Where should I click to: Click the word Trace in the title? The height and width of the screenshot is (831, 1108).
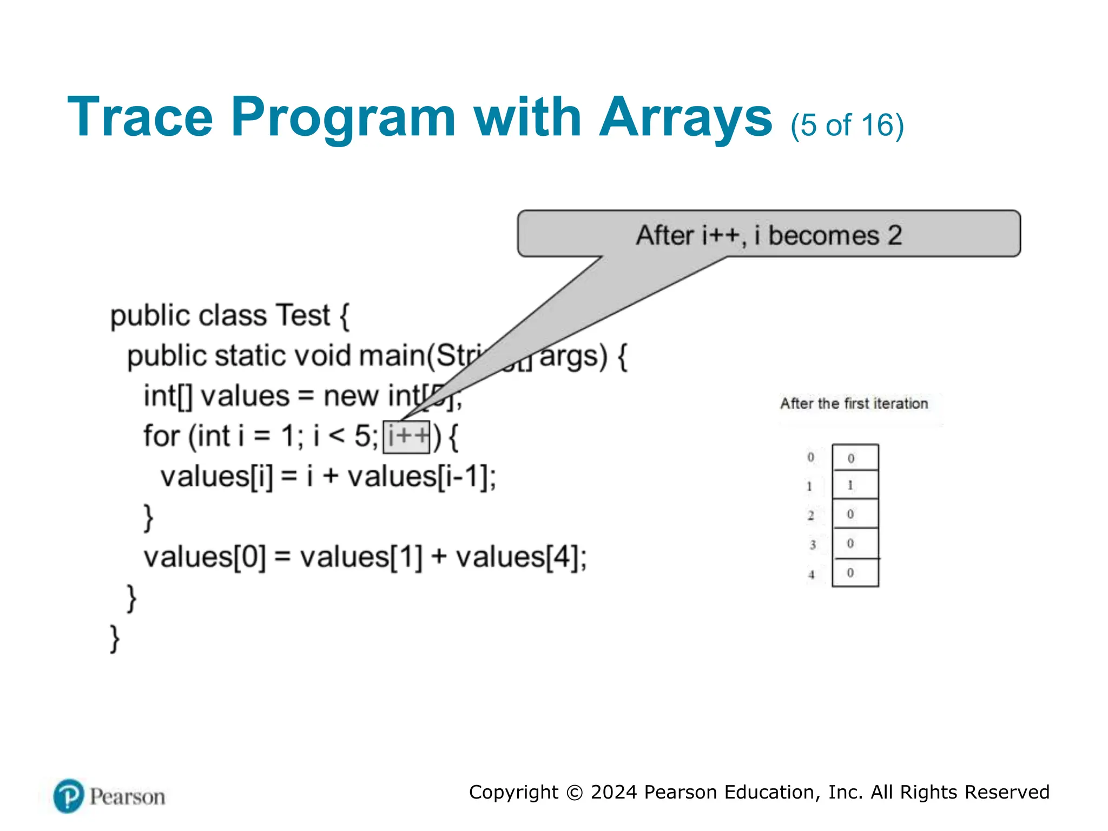(x=140, y=117)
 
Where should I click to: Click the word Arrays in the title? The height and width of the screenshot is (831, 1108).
(x=686, y=117)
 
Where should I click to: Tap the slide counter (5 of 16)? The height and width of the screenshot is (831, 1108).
(x=847, y=125)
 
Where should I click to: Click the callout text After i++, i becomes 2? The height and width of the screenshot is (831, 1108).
(x=769, y=235)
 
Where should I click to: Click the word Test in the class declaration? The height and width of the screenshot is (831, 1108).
(x=302, y=315)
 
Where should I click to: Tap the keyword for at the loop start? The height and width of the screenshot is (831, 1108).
(x=161, y=436)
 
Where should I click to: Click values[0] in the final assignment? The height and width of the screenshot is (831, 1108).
(x=205, y=557)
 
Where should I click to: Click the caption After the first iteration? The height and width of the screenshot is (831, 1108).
(x=854, y=404)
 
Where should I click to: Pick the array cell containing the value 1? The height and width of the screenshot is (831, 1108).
(x=855, y=485)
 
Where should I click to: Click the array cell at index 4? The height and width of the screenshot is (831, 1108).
(x=855, y=573)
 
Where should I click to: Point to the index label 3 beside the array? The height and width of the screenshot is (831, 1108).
(x=812, y=544)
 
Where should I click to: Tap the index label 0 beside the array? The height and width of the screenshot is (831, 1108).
(x=810, y=457)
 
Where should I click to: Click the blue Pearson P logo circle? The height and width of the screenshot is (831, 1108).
(x=69, y=796)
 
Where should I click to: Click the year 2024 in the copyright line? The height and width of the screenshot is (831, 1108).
(x=614, y=792)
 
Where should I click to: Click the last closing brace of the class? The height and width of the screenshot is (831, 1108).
(x=115, y=638)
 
